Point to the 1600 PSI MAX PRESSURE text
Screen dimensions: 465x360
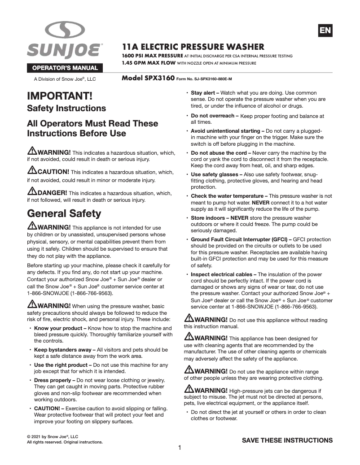point(153,56)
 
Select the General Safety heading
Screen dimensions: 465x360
point(64,213)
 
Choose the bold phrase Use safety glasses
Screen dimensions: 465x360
point(215,174)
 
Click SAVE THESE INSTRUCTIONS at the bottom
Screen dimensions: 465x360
point(287,440)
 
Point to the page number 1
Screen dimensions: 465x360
point(180,448)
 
